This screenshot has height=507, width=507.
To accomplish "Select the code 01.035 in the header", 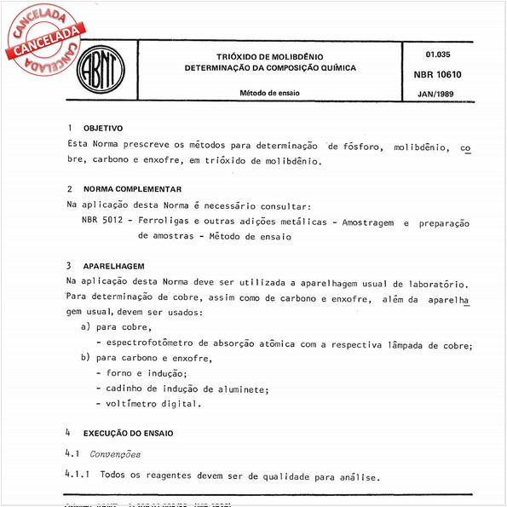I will (x=438, y=54).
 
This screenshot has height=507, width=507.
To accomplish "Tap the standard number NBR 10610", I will (x=438, y=74).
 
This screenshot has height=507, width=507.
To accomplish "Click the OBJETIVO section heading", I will (x=103, y=128).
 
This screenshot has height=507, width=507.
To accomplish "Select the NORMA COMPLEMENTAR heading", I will (x=132, y=188).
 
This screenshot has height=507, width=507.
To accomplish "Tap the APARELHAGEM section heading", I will (x=113, y=266).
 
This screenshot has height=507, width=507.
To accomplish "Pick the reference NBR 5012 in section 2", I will (x=102, y=222).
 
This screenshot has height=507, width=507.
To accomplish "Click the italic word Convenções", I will (x=116, y=454).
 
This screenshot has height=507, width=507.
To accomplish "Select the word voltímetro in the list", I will (x=130, y=403).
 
